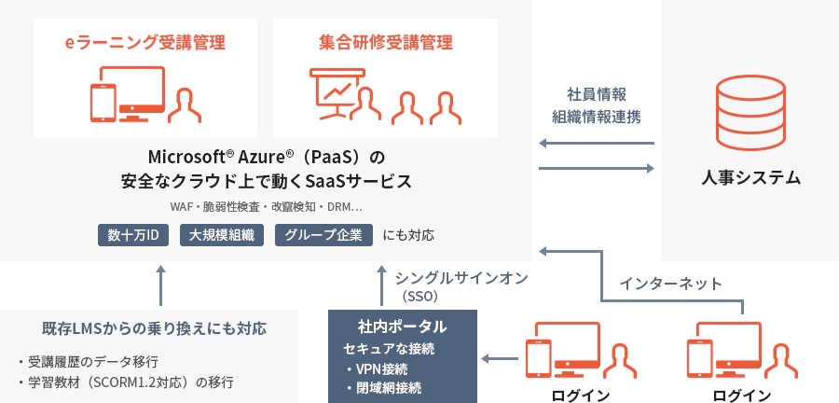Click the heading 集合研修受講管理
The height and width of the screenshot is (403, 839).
(x=385, y=43)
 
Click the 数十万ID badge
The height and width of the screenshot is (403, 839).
(x=133, y=234)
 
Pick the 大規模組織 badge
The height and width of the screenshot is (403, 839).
(x=221, y=234)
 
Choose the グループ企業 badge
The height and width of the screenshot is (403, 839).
(x=324, y=234)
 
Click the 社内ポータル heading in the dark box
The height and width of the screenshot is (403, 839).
(x=403, y=327)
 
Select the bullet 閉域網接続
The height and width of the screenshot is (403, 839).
(x=382, y=387)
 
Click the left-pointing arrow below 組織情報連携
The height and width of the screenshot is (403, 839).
(x=597, y=144)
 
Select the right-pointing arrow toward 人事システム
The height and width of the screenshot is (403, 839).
(x=597, y=168)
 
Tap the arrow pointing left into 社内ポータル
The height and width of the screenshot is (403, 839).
(x=503, y=357)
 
